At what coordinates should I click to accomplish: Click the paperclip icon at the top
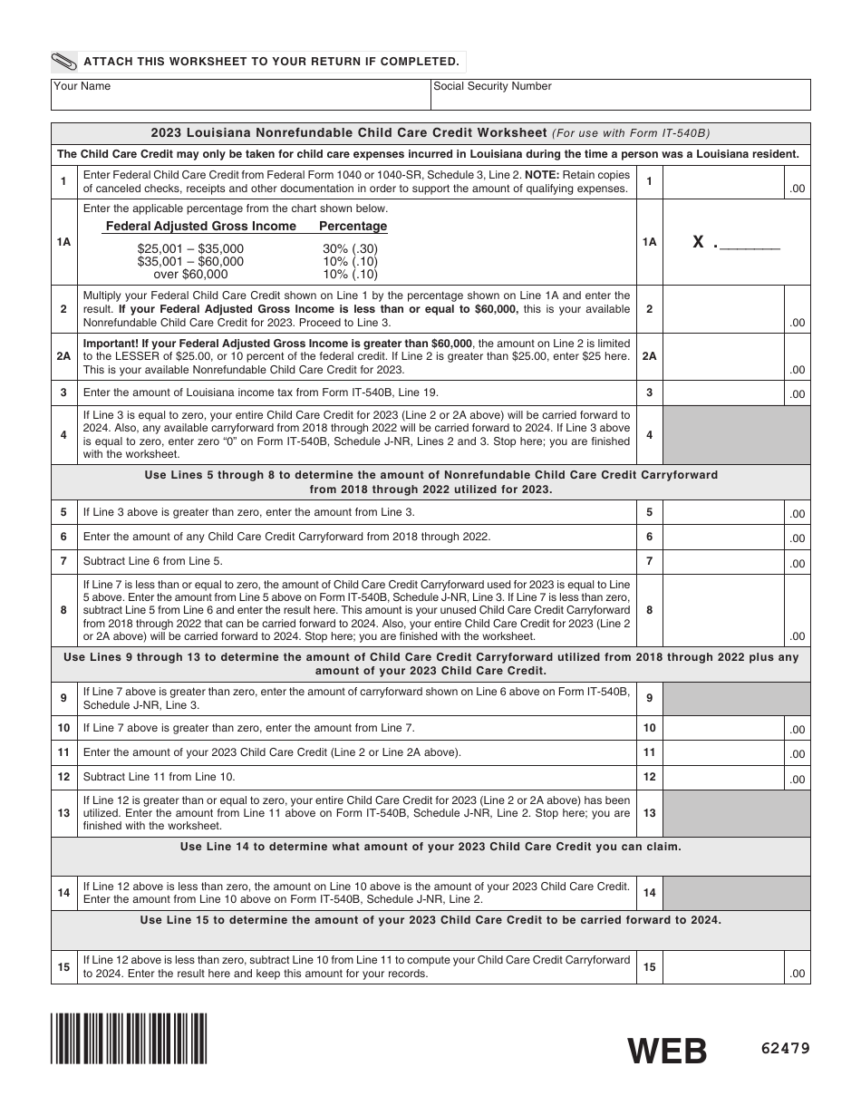click(x=65, y=62)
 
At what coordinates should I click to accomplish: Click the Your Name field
click(x=240, y=94)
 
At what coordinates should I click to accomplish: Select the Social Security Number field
click(x=620, y=94)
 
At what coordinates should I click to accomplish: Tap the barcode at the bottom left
click(x=130, y=1038)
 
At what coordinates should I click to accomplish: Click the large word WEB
click(x=668, y=1051)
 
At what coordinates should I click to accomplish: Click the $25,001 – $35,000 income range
click(x=190, y=248)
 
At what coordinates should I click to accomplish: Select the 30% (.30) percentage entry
click(x=350, y=248)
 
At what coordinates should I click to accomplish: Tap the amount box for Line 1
click(x=736, y=182)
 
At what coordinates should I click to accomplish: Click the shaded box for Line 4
click(x=736, y=435)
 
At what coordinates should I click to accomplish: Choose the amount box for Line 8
click(x=736, y=610)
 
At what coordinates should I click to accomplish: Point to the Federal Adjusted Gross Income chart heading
click(x=201, y=226)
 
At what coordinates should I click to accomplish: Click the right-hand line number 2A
click(x=649, y=356)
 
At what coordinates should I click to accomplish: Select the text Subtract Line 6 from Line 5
click(x=153, y=561)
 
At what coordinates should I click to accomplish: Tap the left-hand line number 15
click(x=63, y=967)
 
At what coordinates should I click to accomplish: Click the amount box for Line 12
click(x=736, y=778)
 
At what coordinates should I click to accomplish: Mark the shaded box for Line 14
click(x=736, y=893)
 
